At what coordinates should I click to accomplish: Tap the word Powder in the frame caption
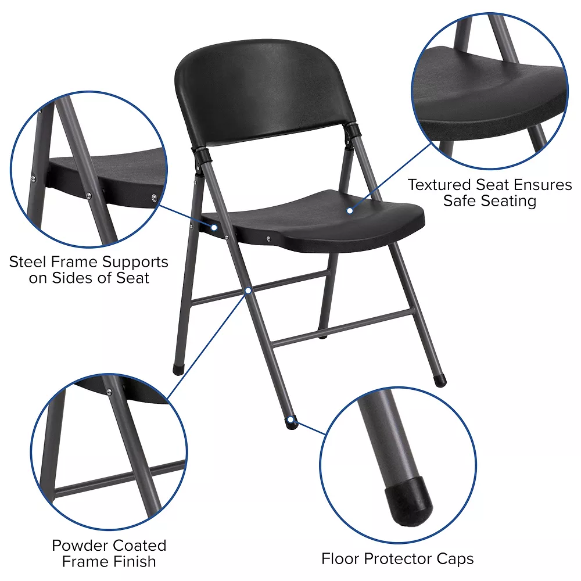pos(78,546)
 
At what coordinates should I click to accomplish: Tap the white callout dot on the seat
pos(350,210)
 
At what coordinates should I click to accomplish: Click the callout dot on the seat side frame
pos(214,227)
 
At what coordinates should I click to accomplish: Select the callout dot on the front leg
pos(248,289)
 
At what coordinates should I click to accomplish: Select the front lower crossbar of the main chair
pos(343,328)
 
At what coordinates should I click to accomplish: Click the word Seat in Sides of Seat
pos(132,278)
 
